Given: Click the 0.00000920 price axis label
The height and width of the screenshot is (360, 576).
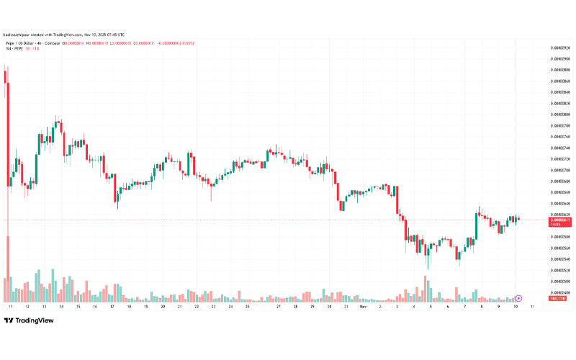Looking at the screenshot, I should (560, 47).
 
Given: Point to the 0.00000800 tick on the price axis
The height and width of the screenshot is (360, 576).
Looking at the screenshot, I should (560, 114).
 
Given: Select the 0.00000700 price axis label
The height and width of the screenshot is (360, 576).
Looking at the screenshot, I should (560, 170).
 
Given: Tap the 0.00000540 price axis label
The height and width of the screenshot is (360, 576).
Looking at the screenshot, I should (560, 259).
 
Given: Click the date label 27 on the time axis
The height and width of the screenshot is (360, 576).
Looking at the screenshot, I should (279, 307).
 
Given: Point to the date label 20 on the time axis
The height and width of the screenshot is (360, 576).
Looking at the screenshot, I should (163, 307).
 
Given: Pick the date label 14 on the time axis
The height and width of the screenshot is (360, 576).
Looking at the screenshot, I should (60, 307).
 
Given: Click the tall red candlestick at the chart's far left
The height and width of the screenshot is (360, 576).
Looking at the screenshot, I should (7, 130).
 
